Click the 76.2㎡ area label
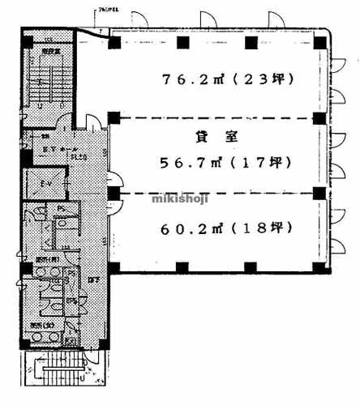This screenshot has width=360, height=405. pyautogui.click(x=191, y=79)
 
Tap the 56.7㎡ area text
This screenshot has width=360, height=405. pyautogui.click(x=189, y=162)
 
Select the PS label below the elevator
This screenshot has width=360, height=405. pyautogui.click(x=62, y=208)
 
